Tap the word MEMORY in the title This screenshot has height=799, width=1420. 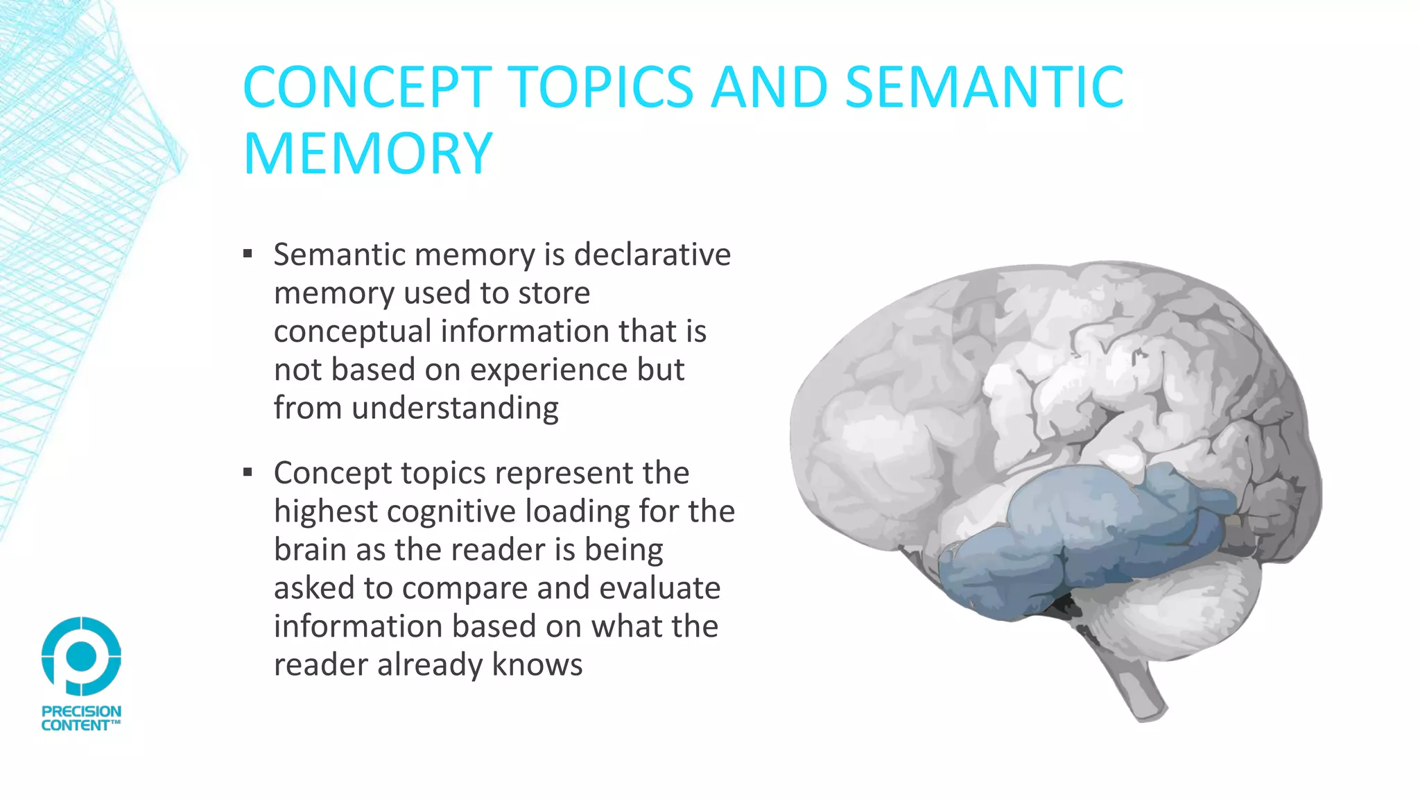(x=367, y=153)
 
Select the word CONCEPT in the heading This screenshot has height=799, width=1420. (x=367, y=87)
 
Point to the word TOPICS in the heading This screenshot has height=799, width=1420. (x=602, y=87)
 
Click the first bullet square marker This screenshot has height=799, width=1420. (x=248, y=254)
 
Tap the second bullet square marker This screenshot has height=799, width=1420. (x=248, y=473)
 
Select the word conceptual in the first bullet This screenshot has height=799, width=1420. (x=352, y=331)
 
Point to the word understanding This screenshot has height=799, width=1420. (x=455, y=408)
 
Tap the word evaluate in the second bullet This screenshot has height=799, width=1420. (x=659, y=588)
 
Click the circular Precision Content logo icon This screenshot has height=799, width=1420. (x=81, y=655)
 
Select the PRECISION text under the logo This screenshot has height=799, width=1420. (x=81, y=712)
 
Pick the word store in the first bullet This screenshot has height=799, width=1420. (x=554, y=293)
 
